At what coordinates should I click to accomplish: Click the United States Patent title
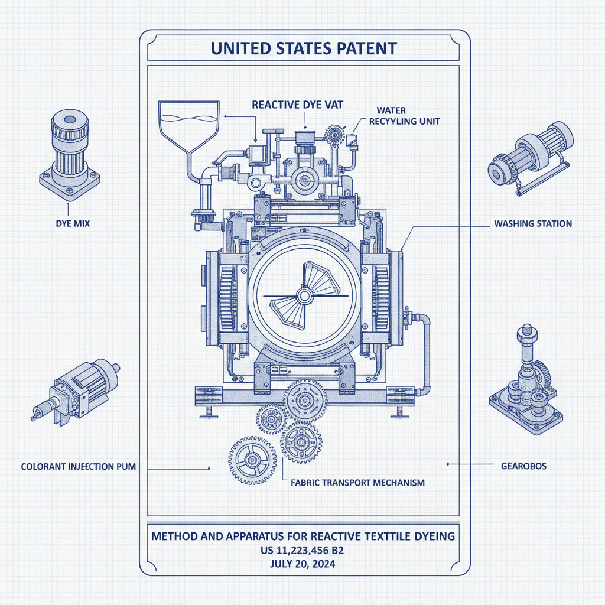[x=304, y=48]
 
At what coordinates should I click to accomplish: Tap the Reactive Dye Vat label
[x=297, y=105]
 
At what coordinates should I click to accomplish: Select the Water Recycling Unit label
[x=404, y=116]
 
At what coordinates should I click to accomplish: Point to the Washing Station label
[x=532, y=224]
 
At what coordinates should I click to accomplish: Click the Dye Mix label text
[x=69, y=224]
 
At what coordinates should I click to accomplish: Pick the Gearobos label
[x=519, y=466]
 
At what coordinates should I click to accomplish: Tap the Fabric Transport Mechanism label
[x=358, y=483]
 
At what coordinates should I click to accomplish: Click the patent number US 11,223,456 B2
[x=302, y=551]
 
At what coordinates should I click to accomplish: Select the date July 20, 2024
[x=302, y=564]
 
